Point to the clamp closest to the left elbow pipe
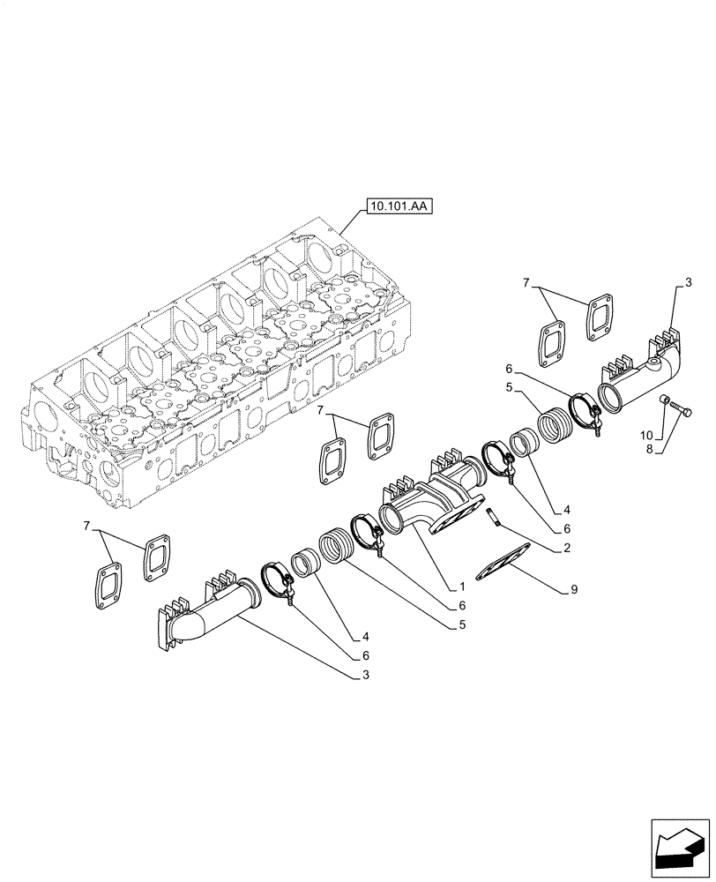(278, 583)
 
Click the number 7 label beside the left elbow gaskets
(86, 527)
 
